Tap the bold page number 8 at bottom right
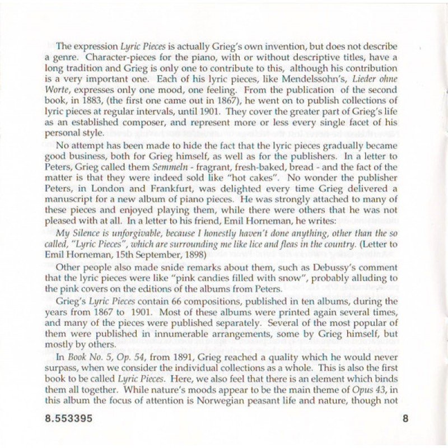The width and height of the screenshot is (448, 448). point(405,419)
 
